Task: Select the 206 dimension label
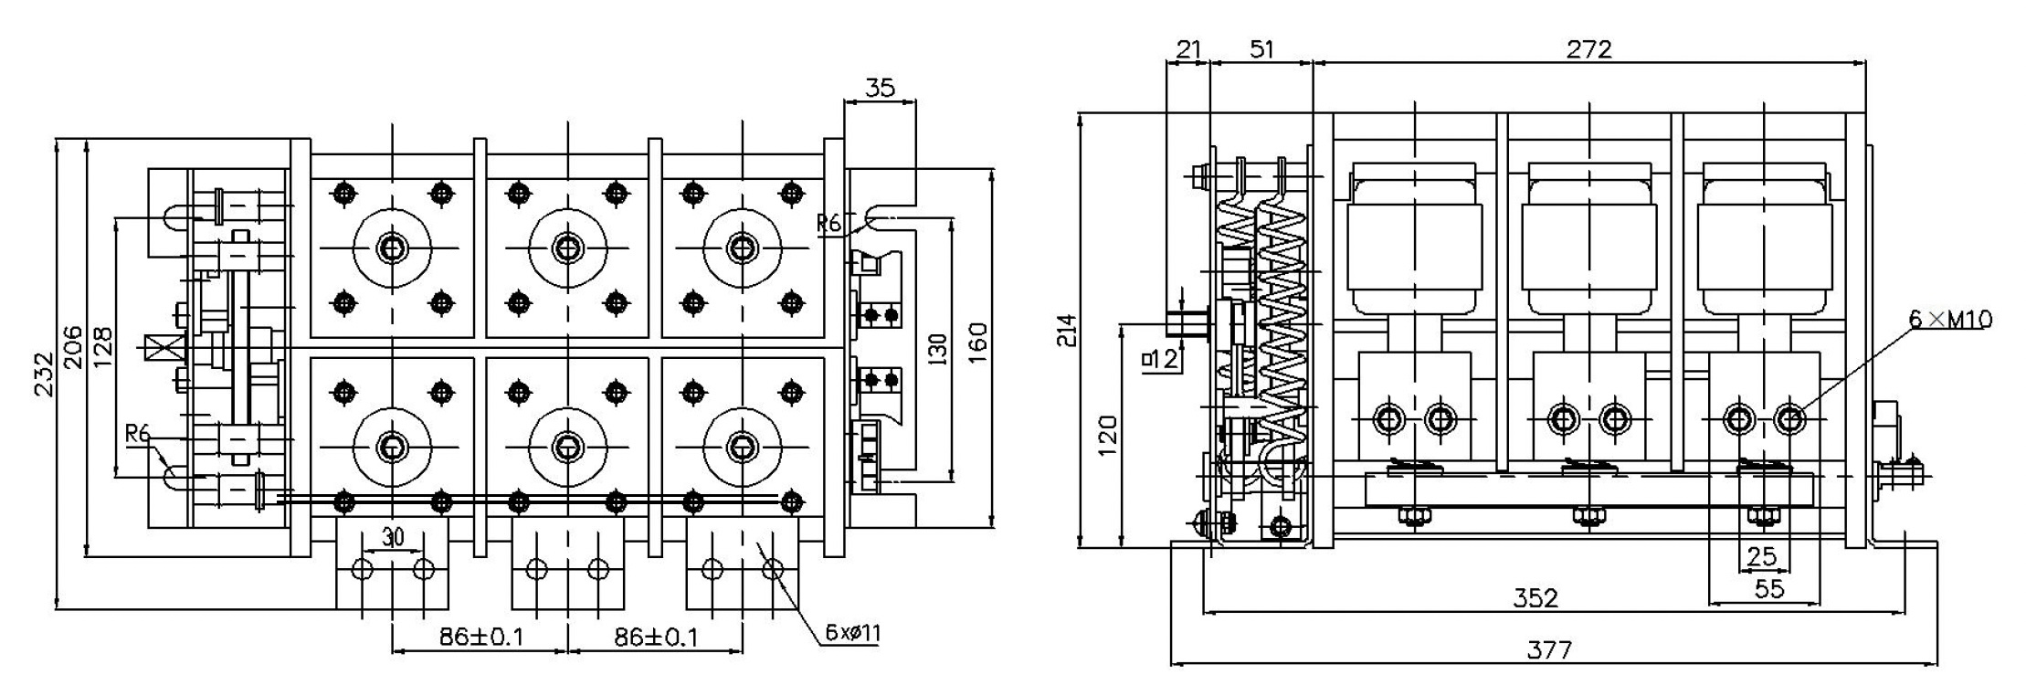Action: (73, 347)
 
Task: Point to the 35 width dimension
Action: (879, 88)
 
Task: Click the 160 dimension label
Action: (977, 342)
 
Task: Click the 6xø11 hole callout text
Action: (852, 633)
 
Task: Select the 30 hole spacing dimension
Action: (393, 537)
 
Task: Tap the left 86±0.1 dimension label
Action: (481, 637)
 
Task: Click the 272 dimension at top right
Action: (1589, 49)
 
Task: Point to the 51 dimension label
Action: (1261, 49)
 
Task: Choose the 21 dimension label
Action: (1188, 49)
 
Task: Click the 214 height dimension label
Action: (1066, 331)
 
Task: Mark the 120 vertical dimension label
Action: (1106, 436)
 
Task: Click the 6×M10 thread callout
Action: (1949, 319)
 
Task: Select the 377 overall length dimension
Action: (1550, 650)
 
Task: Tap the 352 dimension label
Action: (1535, 598)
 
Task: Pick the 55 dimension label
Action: (1768, 589)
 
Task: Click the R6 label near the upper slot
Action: (828, 223)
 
